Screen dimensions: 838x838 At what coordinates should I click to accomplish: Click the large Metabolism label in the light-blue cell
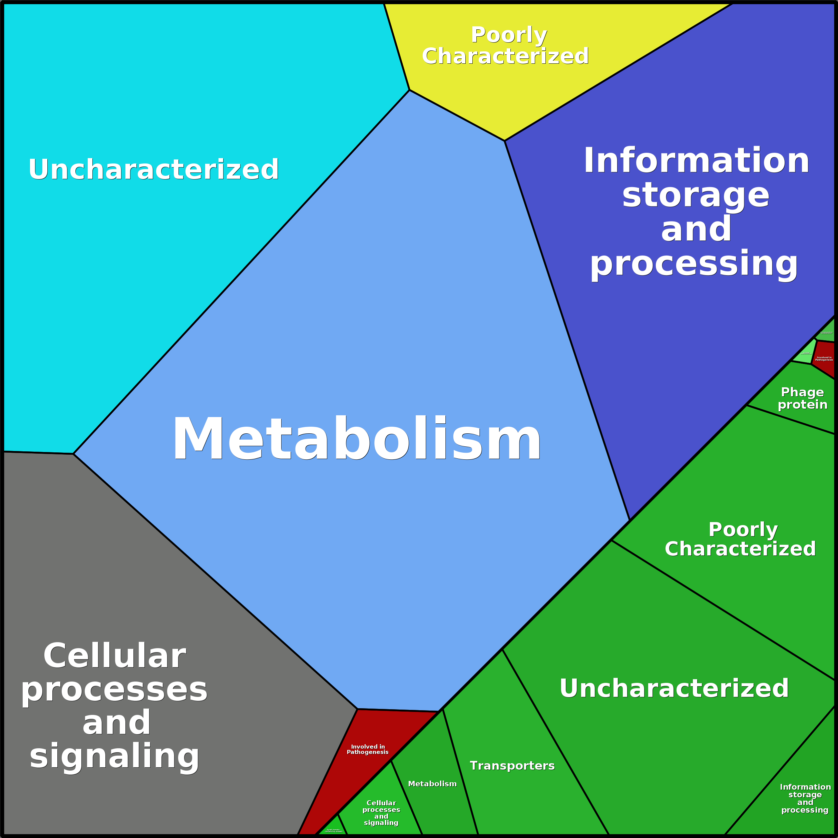(357, 439)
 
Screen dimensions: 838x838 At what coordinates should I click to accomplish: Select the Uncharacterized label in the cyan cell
(153, 169)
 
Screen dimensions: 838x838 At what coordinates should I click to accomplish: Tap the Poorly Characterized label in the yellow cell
(506, 46)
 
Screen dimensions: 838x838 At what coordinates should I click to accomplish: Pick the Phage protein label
(802, 398)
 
